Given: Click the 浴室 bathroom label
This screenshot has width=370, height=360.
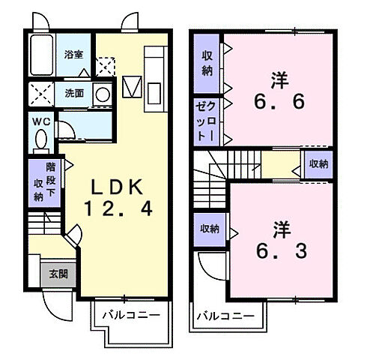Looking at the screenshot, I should [x=73, y=55].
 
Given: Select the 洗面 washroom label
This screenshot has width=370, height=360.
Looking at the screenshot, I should [x=73, y=94].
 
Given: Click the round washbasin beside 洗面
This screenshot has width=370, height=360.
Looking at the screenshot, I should [x=102, y=95].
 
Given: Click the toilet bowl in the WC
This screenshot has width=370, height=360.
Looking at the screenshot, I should [x=40, y=140].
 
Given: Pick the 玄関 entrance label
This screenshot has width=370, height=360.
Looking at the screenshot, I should [x=58, y=274].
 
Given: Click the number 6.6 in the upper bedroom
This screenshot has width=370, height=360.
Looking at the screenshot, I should [x=278, y=102].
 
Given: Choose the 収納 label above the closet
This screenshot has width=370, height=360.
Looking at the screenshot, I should [x=206, y=63].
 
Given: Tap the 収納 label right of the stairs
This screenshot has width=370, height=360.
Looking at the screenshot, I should [x=318, y=163].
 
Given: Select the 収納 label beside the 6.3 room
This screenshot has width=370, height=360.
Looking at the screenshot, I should [x=209, y=229].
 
